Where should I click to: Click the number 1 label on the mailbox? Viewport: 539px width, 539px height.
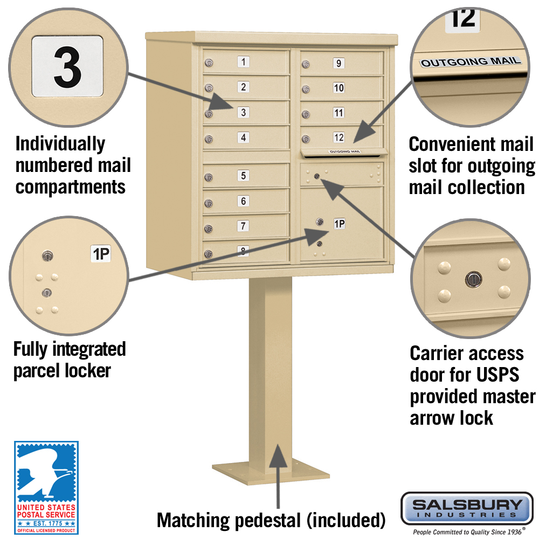[244, 62]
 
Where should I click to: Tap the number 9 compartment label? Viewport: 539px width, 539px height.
[338, 63]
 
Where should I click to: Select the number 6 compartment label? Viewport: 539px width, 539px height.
[244, 201]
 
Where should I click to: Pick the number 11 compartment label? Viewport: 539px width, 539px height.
[338, 113]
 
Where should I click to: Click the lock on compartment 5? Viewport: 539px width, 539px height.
[208, 178]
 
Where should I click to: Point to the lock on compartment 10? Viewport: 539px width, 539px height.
[306, 89]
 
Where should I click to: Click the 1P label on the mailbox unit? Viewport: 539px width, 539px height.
[339, 224]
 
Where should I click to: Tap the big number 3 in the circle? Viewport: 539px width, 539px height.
[68, 68]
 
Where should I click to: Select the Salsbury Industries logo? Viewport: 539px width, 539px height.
[466, 508]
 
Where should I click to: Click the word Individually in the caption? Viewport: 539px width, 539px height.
[60, 144]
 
